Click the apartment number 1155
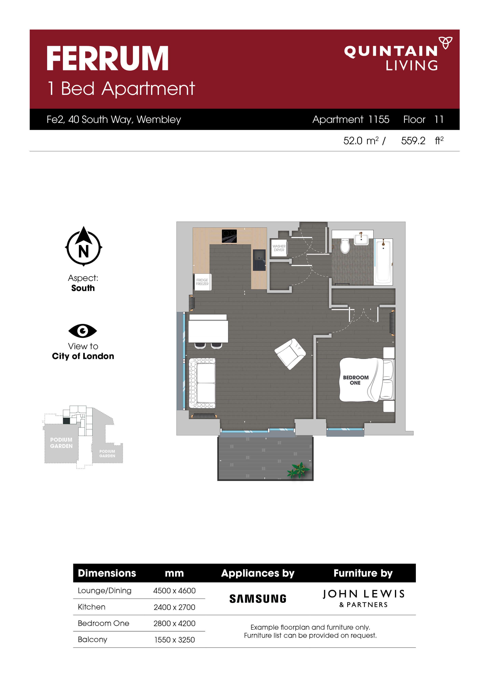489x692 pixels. [x=379, y=120]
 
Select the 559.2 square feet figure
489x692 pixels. [x=413, y=141]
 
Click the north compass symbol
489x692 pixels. [x=83, y=247]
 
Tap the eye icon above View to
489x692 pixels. [x=83, y=331]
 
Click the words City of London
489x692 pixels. [x=83, y=356]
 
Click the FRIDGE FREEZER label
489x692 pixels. [x=202, y=282]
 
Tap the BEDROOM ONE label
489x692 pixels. [x=356, y=380]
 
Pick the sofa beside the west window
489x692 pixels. [x=202, y=383]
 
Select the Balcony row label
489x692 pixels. [x=92, y=640]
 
